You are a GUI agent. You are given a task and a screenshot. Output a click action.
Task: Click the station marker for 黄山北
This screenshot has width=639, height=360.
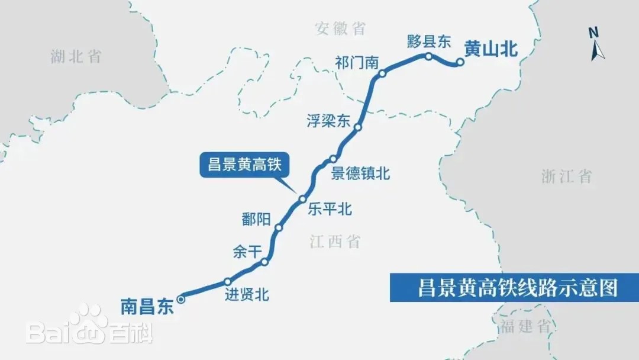click(459, 62)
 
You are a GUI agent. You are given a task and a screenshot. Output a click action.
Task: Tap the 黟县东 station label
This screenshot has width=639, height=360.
click(430, 41)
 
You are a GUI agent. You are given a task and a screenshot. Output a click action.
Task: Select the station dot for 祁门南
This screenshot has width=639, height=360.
click(382, 74)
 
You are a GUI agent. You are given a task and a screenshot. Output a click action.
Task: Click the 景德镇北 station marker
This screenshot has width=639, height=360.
click(333, 159)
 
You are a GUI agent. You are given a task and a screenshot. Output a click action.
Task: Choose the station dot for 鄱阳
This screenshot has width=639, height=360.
click(279, 227)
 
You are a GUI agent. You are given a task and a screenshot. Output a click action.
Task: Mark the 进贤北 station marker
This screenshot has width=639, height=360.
click(227, 282)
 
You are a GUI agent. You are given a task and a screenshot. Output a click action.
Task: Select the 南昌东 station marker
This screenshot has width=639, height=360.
click(181, 299)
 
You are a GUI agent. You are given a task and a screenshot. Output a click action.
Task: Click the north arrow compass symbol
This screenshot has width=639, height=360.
click(597, 44)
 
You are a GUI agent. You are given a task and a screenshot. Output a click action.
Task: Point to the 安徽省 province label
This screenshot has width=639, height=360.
click(340, 28)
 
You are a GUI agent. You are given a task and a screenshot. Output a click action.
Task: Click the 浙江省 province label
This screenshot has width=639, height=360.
click(566, 176)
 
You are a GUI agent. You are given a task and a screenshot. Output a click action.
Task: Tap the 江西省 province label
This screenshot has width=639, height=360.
click(335, 241)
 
